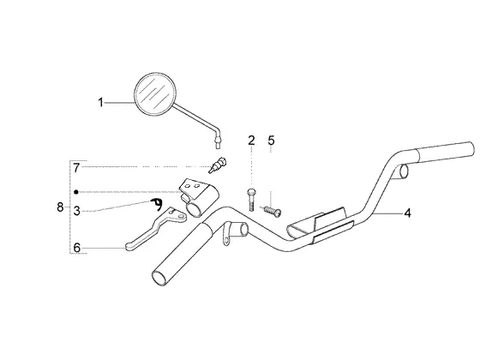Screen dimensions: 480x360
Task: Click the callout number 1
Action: [x=100, y=102]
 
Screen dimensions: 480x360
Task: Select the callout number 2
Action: [x=251, y=141]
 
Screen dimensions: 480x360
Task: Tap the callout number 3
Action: [x=77, y=211]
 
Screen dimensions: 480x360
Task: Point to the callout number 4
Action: [x=407, y=213]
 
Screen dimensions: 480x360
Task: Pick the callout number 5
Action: [x=271, y=141]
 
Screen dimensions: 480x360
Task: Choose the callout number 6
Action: [x=77, y=248]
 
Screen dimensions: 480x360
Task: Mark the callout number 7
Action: [x=76, y=168]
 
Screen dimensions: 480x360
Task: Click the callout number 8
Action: [x=60, y=207]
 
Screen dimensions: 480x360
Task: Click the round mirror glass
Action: [x=155, y=94]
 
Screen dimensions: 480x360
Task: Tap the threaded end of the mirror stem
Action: [x=218, y=143]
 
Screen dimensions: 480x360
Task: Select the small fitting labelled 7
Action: [x=219, y=165]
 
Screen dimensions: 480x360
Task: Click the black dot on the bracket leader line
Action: [x=76, y=192]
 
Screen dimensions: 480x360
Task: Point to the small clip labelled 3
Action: [x=157, y=204]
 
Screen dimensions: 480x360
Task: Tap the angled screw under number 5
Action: [x=272, y=211]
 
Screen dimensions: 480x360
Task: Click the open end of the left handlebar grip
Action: [x=159, y=279]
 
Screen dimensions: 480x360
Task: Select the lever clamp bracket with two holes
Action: [x=198, y=197]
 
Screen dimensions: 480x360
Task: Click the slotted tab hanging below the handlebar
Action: [x=225, y=236]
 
